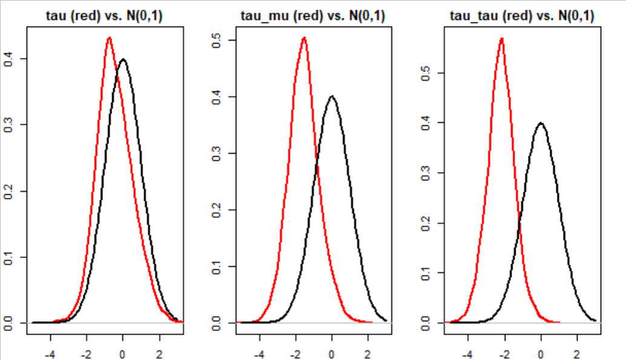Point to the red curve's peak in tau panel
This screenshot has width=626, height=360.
point(109,38)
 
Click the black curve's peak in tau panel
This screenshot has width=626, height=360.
point(123,59)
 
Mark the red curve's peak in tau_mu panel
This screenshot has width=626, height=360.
point(304,38)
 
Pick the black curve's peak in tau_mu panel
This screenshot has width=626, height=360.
point(332,96)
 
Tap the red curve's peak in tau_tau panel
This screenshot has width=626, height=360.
point(501,38)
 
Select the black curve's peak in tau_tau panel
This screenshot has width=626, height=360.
point(541,123)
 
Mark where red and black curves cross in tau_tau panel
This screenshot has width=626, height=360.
point(519,226)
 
